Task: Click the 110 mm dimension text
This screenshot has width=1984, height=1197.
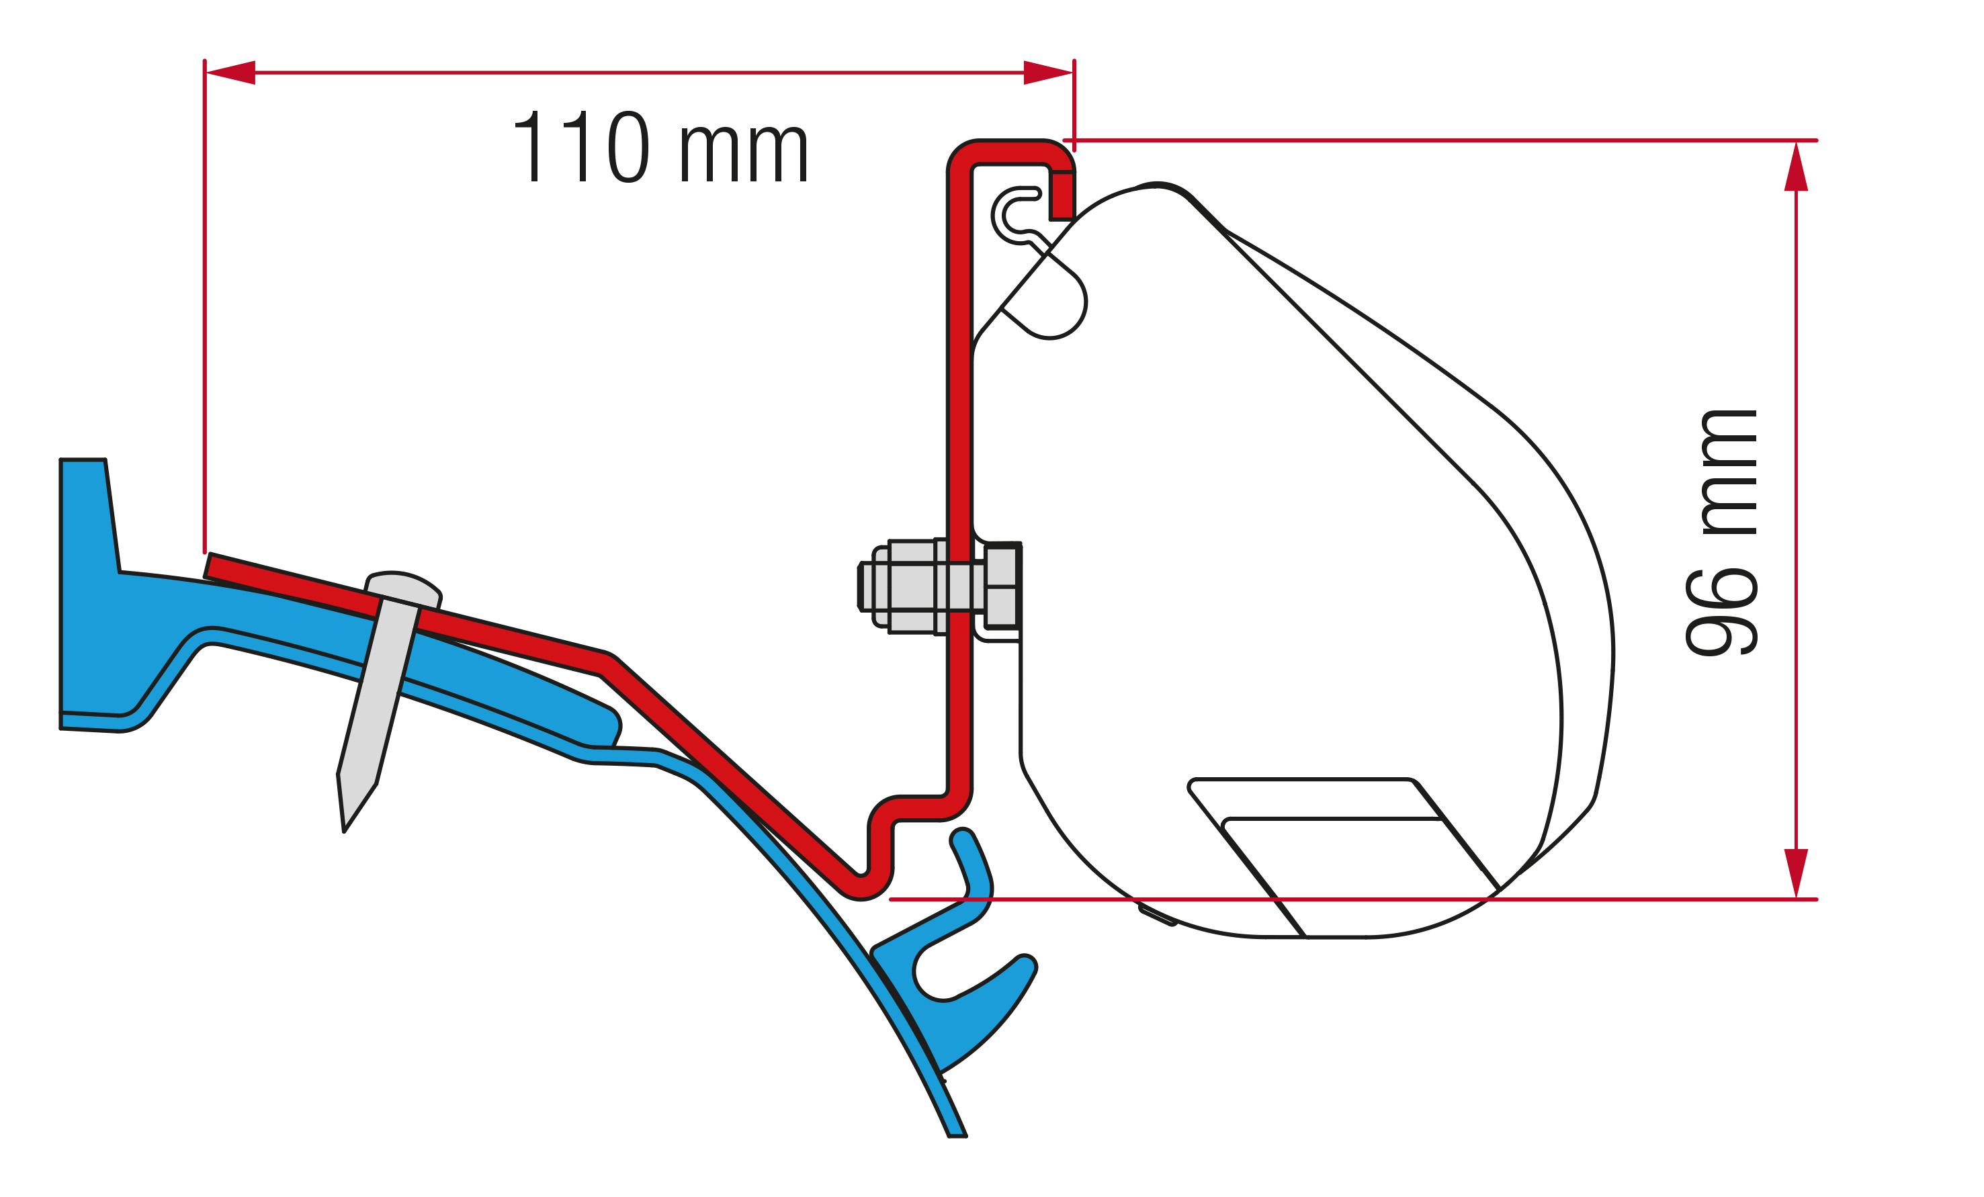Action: point(660,146)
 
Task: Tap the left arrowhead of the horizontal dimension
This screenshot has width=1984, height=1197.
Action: point(230,73)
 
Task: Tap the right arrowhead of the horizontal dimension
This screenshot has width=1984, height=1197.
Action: point(1047,73)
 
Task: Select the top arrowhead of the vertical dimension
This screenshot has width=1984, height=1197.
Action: point(1797,167)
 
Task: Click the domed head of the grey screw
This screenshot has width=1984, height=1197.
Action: point(403,588)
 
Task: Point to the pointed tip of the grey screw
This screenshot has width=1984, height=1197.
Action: point(344,832)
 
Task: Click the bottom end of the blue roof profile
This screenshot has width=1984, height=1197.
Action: point(957,1135)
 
